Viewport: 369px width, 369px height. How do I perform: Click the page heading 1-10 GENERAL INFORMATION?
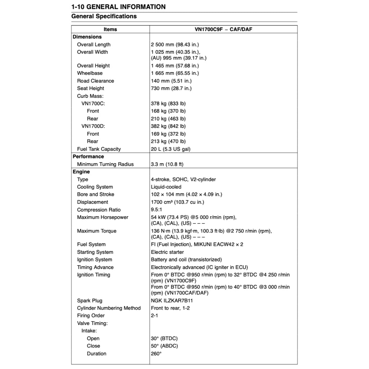(x=119, y=6)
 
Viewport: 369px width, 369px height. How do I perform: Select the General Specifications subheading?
(x=104, y=16)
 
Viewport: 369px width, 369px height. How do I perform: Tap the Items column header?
(x=110, y=29)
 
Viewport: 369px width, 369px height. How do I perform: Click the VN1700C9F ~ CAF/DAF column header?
(x=223, y=29)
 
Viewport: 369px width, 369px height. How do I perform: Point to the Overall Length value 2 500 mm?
(x=175, y=45)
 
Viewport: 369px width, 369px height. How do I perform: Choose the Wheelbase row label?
(x=90, y=73)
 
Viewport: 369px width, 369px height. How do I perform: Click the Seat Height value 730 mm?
(x=171, y=88)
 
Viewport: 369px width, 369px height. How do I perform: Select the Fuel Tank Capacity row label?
(x=99, y=149)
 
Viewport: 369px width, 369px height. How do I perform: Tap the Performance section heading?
(x=88, y=157)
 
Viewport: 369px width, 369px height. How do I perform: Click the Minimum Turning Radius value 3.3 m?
(x=167, y=164)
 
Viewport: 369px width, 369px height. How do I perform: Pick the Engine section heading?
(x=81, y=172)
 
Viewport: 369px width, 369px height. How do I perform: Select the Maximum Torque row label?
(x=97, y=231)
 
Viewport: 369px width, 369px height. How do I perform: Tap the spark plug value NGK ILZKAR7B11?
(x=172, y=301)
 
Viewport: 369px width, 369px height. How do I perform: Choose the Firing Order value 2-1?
(x=155, y=316)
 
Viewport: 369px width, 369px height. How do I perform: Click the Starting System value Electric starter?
(x=167, y=252)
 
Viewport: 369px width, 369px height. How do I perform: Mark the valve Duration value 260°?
(x=156, y=354)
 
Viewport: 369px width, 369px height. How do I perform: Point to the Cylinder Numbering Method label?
(x=109, y=308)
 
